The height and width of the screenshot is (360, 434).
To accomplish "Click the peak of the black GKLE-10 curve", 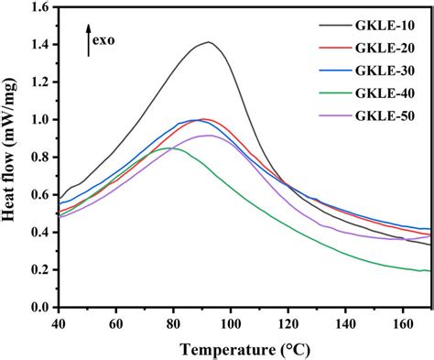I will [x=209, y=42].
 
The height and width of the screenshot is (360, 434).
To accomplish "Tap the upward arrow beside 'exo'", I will [x=88, y=42].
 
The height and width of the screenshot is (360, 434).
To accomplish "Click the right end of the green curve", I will [x=429, y=270].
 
